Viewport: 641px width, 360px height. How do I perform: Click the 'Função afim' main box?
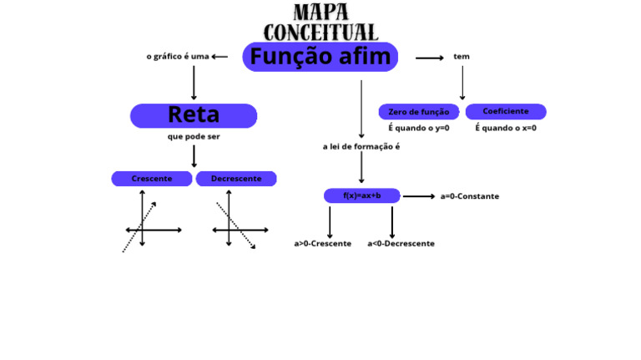click(x=320, y=57)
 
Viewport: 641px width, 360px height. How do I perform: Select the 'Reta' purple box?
click(x=194, y=115)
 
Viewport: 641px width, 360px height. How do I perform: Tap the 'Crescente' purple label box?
click(x=152, y=179)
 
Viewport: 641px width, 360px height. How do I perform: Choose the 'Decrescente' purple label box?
click(x=236, y=179)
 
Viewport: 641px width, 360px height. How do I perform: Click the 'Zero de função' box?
click(x=418, y=112)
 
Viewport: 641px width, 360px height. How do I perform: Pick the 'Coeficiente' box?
click(x=505, y=111)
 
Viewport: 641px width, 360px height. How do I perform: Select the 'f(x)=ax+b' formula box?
click(x=361, y=195)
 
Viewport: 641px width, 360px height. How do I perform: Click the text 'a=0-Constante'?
click(x=469, y=196)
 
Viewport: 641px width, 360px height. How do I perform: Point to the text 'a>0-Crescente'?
click(x=322, y=244)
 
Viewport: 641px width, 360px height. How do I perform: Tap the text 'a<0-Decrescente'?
click(x=401, y=244)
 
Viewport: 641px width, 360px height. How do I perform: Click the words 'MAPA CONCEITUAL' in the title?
click(x=320, y=23)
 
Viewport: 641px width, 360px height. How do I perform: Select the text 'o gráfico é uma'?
click(x=177, y=57)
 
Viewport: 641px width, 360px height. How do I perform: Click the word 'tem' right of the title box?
click(x=462, y=57)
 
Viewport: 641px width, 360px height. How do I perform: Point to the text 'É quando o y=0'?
click(x=418, y=129)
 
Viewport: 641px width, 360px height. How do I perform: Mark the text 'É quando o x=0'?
click(x=506, y=129)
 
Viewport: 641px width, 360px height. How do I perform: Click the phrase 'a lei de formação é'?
click(x=361, y=146)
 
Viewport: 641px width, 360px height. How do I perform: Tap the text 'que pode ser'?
click(x=194, y=136)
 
